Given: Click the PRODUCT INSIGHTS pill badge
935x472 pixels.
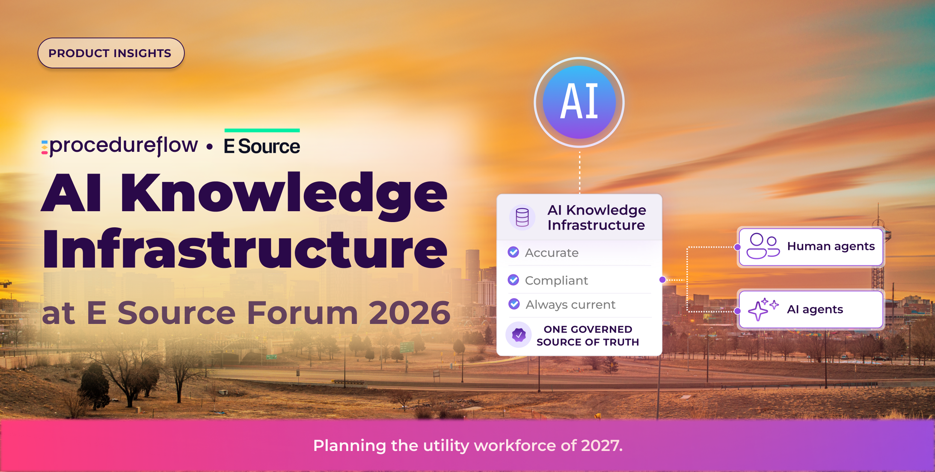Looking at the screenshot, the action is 111,53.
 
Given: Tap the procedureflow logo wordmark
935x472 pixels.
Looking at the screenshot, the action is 120,146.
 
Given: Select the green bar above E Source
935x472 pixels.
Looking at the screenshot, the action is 262,130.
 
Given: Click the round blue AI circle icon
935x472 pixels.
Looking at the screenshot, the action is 579,102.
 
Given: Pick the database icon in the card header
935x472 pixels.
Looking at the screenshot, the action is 522,217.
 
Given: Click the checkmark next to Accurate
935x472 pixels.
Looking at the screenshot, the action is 513,252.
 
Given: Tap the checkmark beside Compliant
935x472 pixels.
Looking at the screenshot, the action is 513,280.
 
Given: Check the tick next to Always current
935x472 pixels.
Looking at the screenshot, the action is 514,304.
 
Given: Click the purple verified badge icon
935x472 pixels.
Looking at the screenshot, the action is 519,334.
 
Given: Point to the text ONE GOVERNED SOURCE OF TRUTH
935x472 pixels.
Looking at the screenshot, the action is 588,336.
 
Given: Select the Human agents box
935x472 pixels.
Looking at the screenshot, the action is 811,247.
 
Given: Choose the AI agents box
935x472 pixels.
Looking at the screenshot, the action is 811,310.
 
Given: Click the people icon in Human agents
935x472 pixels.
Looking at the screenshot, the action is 763,246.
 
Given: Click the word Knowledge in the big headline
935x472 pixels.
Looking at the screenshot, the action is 284,194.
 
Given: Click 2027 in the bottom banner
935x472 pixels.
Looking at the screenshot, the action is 602,446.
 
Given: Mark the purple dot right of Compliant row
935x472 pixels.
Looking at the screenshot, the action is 662,280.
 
